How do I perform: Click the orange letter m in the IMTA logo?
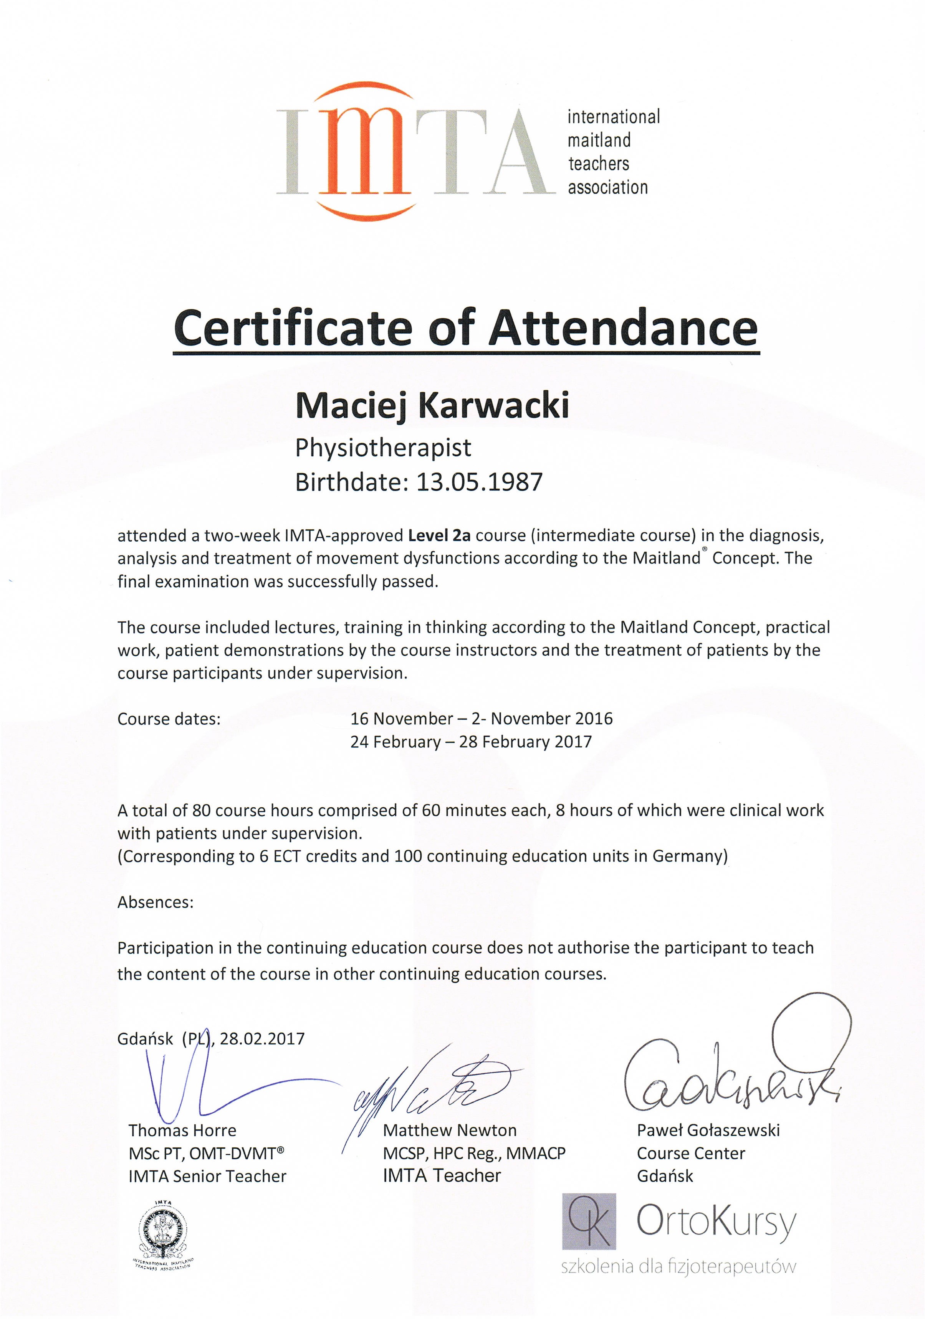pos(364,153)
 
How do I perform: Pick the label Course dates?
pos(169,719)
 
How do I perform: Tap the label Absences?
pos(156,902)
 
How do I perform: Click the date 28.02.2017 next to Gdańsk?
pos(262,1038)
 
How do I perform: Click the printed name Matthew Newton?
pos(449,1130)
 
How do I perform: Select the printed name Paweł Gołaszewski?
pos(708,1130)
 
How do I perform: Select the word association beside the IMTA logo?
pos(607,187)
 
